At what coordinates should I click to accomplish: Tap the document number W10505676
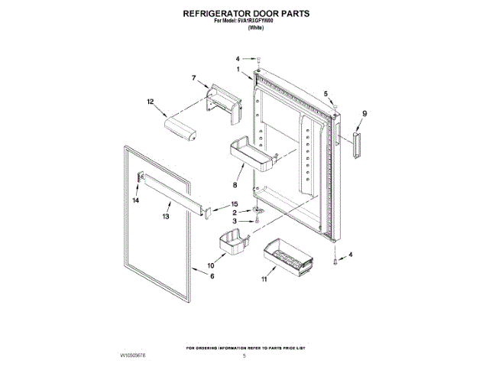tap(132, 356)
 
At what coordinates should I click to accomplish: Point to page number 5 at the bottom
tap(244, 356)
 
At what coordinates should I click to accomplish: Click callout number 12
tap(151, 101)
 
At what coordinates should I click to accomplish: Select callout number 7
tap(194, 77)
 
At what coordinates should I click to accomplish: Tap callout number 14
tap(135, 200)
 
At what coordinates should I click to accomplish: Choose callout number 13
tap(166, 217)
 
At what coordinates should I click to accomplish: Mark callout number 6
tap(212, 276)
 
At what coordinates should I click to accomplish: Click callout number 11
tap(264, 281)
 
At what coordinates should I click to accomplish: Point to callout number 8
tap(235, 184)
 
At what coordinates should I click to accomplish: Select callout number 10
tap(210, 266)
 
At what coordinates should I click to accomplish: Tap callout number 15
tap(235, 204)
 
